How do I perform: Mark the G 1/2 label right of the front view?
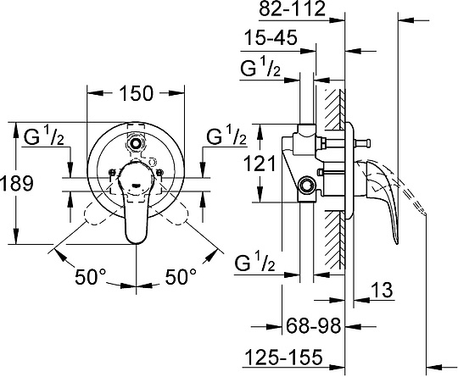(226, 136)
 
